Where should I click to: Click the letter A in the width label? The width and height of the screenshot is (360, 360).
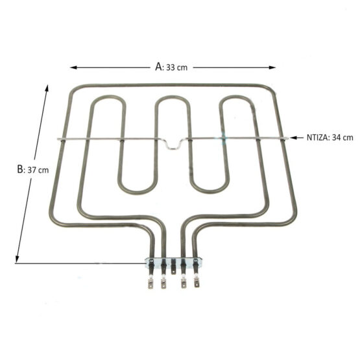click(x=159, y=67)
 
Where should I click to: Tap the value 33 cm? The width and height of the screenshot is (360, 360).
click(x=177, y=67)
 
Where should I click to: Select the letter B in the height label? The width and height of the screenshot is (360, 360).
click(x=20, y=169)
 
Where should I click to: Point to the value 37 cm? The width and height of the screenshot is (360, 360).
click(x=38, y=170)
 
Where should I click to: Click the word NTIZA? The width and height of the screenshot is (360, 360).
click(x=318, y=138)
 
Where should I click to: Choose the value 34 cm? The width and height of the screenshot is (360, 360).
click(x=342, y=138)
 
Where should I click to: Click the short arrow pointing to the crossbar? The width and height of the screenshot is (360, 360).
click(x=296, y=138)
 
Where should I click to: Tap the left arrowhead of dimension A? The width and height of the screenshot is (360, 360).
click(x=73, y=67)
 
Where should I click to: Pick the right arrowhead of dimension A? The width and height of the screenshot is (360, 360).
click(x=272, y=67)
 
